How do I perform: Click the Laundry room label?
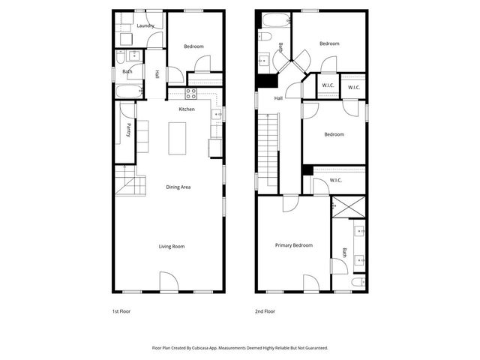coord(145,25)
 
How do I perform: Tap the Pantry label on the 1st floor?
coord(128,130)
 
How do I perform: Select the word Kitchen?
coord(187,109)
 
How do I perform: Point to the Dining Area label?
coord(178,187)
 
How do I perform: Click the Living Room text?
coord(171,246)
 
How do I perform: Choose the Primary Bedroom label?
coord(293,245)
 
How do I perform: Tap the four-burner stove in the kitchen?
coord(190,93)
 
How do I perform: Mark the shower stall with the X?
coord(349,207)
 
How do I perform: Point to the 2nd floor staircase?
coord(268,150)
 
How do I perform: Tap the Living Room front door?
coord(168,283)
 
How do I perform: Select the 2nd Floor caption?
coord(265,310)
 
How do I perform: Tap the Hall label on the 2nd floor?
coord(278,98)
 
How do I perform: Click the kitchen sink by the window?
coord(216,115)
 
